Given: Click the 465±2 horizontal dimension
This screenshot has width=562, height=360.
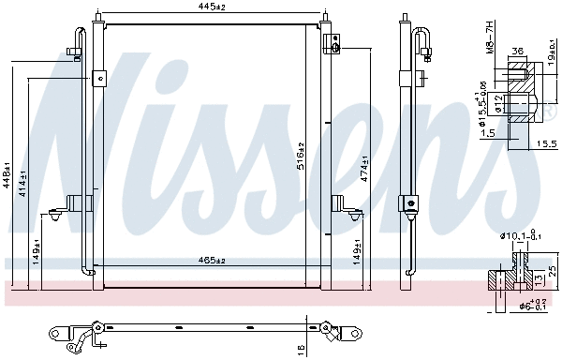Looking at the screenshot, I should (x=212, y=260).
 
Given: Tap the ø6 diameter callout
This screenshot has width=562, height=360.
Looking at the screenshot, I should (x=513, y=305).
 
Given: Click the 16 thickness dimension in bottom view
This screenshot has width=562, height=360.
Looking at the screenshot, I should (x=300, y=348).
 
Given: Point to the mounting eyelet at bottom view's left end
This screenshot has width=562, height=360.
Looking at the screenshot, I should (x=58, y=333).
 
